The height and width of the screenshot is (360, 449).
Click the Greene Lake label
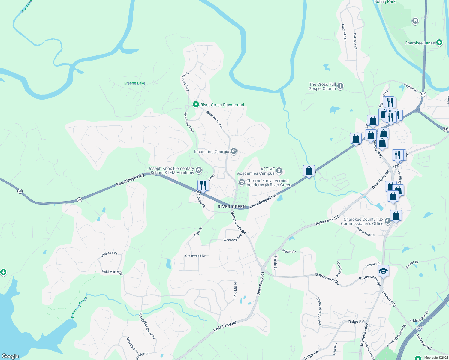coord(134,83)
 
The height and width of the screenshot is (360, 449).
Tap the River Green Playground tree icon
coord(196,104)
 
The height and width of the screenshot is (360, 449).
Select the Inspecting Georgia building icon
coord(234,151)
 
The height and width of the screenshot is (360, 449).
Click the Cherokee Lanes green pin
coord(439,43)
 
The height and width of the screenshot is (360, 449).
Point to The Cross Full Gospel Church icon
coord(340,86)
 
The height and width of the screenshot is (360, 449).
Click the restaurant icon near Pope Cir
coord(203,185)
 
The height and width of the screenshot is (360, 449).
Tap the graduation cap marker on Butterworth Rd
coord(383,271)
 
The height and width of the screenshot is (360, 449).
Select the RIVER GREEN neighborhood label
coord(232,207)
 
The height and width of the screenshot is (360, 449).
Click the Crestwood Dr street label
coord(195,256)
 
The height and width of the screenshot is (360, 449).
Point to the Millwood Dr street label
coord(109,254)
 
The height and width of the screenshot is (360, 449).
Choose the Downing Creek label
coord(79,307)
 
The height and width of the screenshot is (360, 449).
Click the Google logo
coord(10,356)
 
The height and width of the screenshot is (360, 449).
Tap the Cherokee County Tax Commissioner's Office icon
coord(387,221)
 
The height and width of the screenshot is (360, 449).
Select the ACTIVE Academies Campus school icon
coord(279,171)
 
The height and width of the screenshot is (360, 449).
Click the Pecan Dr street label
coord(289,251)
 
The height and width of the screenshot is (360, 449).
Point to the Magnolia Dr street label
coord(344,33)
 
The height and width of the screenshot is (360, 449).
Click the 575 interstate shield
coord(420,329)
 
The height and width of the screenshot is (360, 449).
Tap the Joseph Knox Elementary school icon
coord(198,170)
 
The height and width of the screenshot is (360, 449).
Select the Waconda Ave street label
coord(233,239)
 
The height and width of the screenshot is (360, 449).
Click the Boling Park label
coord(385,2)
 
